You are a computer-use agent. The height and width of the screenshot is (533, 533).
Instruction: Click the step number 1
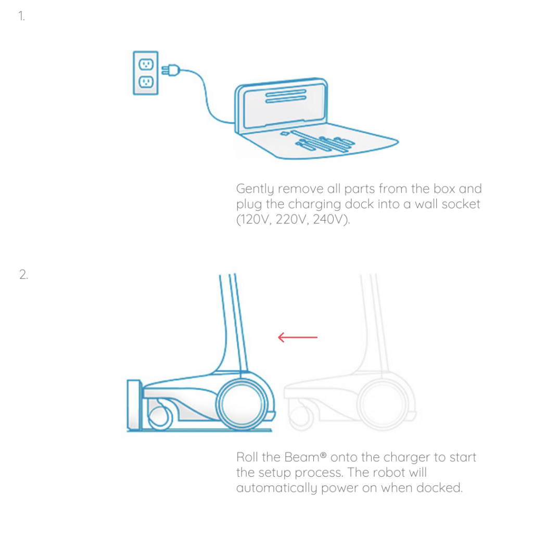click(x=21, y=16)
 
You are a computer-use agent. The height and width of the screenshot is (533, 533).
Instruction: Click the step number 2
click(x=23, y=274)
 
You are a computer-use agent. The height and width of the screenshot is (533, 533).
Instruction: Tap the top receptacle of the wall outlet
click(x=146, y=64)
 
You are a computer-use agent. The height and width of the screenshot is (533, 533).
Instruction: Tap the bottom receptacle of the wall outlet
click(x=146, y=82)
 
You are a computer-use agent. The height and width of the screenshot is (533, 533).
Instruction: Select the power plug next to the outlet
click(x=171, y=69)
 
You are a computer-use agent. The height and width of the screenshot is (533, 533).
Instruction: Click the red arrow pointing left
click(x=297, y=338)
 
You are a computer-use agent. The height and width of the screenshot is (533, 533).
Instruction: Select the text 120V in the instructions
click(x=254, y=220)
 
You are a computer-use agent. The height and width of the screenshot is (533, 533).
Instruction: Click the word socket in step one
click(x=461, y=204)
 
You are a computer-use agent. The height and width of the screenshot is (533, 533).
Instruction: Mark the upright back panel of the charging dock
click(x=281, y=104)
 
